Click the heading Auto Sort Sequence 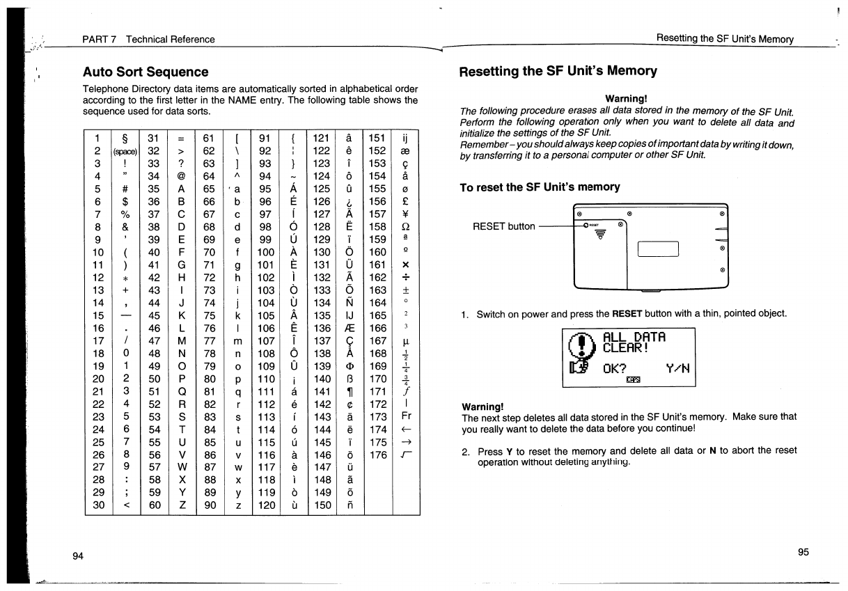[146, 72]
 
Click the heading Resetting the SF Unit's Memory [558, 70]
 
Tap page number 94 [79, 555]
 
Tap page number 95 [803, 552]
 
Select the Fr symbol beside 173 [406, 416]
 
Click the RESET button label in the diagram [503, 226]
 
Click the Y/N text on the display [678, 367]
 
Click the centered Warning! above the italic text [627, 99]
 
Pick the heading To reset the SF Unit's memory [538, 187]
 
